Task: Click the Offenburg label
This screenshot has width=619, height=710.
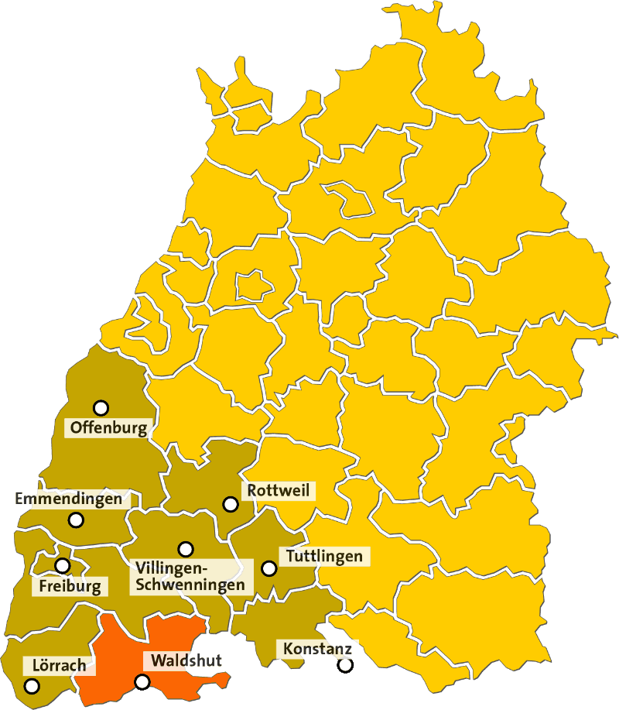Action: [108, 427]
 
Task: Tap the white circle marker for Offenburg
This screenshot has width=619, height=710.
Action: [101, 407]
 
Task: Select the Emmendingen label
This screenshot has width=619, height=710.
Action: [69, 499]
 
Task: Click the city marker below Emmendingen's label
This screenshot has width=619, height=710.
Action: [76, 520]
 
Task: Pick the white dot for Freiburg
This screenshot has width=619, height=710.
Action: [62, 566]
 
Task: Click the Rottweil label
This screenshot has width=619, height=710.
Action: [279, 491]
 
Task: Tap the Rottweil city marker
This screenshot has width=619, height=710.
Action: [230, 504]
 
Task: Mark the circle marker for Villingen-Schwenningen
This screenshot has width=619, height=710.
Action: [186, 549]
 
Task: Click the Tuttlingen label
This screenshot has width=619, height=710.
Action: [324, 556]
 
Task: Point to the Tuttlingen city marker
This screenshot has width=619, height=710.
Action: [268, 568]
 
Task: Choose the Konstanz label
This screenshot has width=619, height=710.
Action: [317, 648]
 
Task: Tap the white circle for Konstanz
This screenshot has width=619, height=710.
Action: [345, 664]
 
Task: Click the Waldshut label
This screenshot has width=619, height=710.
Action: [186, 660]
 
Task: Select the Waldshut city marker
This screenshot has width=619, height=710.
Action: [142, 682]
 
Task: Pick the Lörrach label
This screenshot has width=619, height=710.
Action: [59, 665]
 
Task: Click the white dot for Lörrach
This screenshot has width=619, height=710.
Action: [32, 685]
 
